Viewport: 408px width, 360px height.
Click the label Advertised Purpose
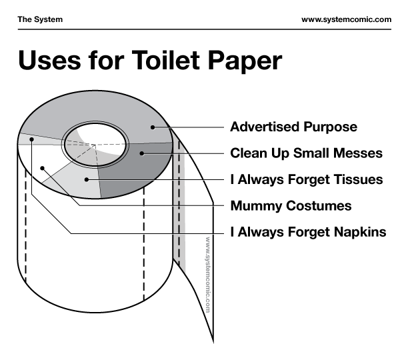tap(293, 127)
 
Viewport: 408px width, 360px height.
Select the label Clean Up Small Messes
tap(306, 153)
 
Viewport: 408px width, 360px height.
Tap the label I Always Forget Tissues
tap(307, 180)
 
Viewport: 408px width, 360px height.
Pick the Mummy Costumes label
tap(291, 206)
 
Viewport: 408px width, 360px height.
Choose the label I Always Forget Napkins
tap(309, 232)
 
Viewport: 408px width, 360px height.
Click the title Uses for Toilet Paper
tap(150, 61)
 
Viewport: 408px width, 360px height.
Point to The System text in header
tap(40, 19)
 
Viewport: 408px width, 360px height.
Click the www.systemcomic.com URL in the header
tap(346, 19)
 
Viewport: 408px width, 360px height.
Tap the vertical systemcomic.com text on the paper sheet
tap(207, 275)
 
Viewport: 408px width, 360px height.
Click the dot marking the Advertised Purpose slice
tap(153, 127)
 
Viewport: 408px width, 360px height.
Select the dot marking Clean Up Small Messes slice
tap(142, 153)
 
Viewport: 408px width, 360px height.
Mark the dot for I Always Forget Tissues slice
tap(87, 179)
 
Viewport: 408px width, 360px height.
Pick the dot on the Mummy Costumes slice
tap(43, 168)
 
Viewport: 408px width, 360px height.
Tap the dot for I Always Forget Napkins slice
tap(32, 139)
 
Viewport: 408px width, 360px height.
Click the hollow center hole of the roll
tap(96, 145)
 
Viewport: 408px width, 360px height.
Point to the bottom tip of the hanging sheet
tap(213, 343)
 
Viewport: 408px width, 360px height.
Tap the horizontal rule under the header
tap(204, 29)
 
